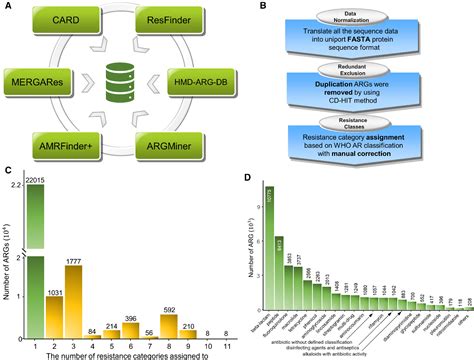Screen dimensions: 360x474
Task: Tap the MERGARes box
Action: [x=45, y=76]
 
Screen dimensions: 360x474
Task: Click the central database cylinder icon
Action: [x=122, y=77]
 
